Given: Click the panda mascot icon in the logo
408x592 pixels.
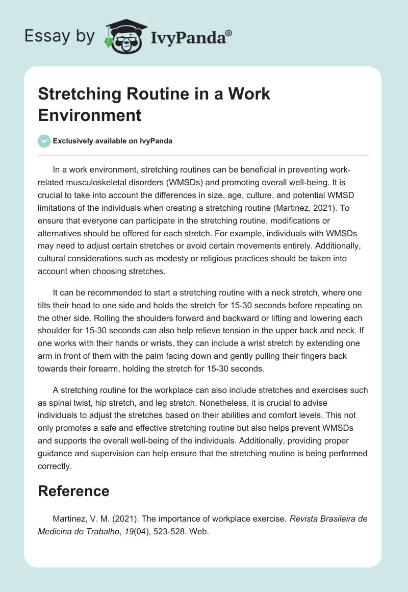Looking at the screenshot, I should [x=123, y=37].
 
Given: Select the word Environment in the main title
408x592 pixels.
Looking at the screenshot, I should [x=90, y=115].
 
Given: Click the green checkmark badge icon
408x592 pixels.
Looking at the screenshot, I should [x=44, y=141].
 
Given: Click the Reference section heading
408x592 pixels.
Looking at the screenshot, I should [x=73, y=491].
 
